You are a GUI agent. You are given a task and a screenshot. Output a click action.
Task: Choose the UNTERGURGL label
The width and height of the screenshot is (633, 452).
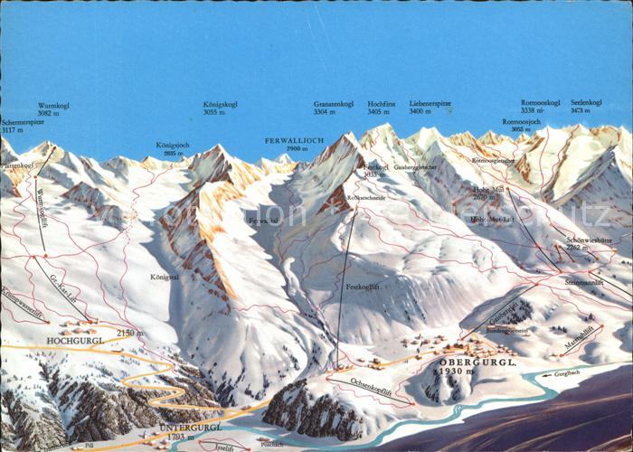[190, 428]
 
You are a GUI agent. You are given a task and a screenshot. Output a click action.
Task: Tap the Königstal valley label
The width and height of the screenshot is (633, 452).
[165, 278]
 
